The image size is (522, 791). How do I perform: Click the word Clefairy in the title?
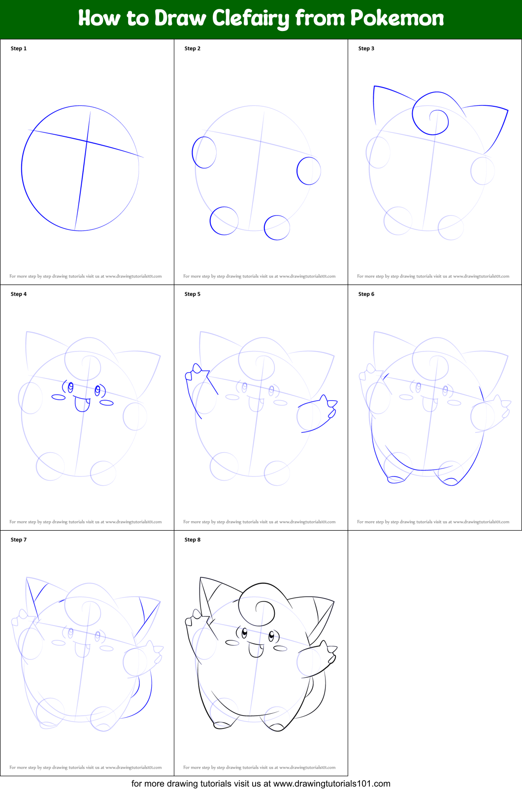coord(251,19)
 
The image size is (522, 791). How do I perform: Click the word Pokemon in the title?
coord(397,19)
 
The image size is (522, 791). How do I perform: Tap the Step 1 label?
coord(19,48)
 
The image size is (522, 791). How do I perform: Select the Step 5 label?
coord(193,294)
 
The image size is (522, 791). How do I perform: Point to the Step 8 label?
coord(193,539)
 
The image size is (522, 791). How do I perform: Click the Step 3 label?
coord(366,48)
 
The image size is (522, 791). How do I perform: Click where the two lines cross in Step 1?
coord(87,142)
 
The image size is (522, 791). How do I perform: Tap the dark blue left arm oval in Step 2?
coord(204,153)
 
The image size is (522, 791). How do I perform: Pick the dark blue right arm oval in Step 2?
coord(309,171)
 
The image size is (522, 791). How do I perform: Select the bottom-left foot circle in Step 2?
coord(224,221)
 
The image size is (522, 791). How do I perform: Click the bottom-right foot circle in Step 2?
coord(277,227)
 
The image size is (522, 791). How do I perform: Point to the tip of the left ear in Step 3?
coord(374,87)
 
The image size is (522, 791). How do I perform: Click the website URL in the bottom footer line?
coord(331,784)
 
